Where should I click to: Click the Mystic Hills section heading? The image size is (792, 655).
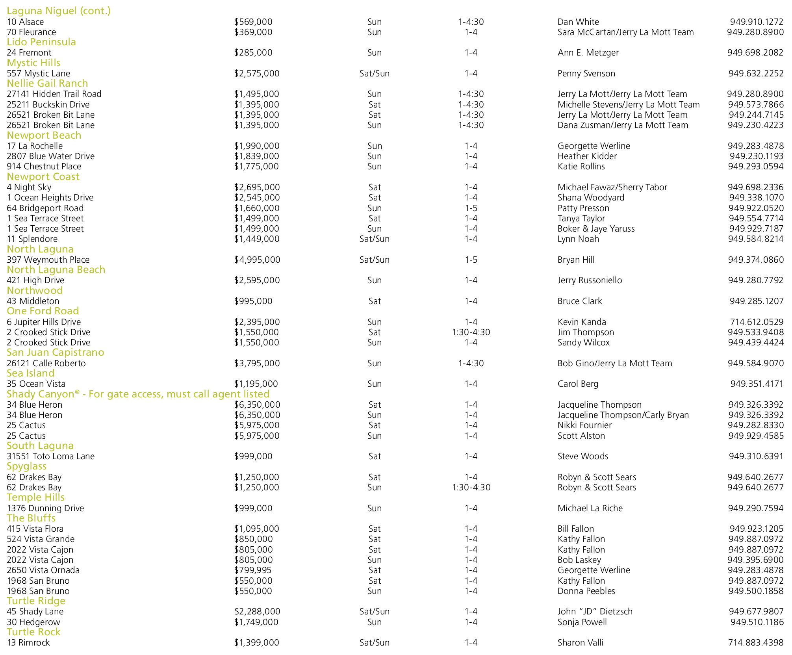(x=33, y=63)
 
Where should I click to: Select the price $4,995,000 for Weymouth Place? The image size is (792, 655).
(x=257, y=260)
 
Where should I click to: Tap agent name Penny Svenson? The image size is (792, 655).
(x=586, y=74)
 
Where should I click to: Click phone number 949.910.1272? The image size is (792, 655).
(x=756, y=22)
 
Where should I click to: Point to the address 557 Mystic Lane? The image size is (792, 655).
(x=39, y=74)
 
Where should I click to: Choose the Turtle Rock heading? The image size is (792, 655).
(x=33, y=632)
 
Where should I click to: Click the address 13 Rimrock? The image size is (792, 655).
(x=28, y=643)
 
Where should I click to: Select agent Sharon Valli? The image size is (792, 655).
(x=580, y=643)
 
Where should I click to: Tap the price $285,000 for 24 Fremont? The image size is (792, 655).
(x=253, y=53)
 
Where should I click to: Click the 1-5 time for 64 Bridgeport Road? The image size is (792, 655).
(x=471, y=208)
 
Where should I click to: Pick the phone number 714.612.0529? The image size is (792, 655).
(x=757, y=322)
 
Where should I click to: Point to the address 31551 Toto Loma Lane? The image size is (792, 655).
(x=51, y=456)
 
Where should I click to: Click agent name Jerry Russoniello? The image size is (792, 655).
(x=590, y=280)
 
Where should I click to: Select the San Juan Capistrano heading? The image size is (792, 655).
(x=56, y=353)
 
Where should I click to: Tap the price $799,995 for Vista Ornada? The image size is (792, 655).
(x=253, y=570)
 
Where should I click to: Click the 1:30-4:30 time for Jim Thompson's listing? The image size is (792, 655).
(x=471, y=332)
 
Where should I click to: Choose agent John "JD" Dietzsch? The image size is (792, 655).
(x=595, y=612)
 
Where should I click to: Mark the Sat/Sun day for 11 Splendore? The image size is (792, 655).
(x=374, y=239)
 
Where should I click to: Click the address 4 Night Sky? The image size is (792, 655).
(x=29, y=187)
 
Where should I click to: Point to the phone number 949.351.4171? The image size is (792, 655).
(x=757, y=384)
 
